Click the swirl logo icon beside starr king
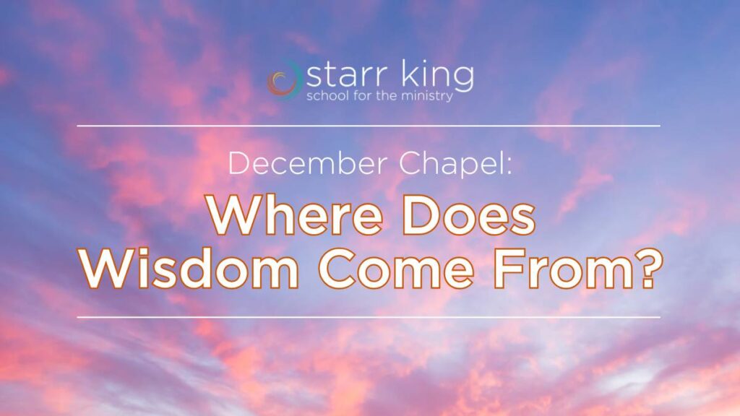(x=284, y=79)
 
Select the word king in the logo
(x=438, y=76)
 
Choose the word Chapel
(x=451, y=164)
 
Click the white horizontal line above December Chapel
(x=369, y=126)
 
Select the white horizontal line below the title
(x=369, y=318)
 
